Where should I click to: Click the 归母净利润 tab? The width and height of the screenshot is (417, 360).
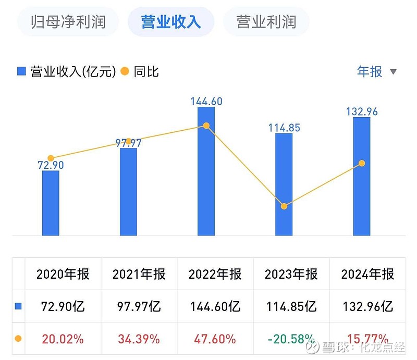(x=68, y=22)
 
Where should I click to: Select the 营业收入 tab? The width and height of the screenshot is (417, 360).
(x=170, y=22)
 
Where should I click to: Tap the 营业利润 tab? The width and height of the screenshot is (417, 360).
(x=266, y=22)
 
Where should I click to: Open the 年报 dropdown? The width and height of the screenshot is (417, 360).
(x=377, y=71)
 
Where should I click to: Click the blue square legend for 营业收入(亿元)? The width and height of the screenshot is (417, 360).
(x=21, y=71)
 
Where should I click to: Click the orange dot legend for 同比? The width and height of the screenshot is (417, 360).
(x=125, y=71)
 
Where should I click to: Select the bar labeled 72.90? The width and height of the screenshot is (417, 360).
(x=51, y=203)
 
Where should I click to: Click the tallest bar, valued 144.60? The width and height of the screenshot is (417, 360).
(x=206, y=172)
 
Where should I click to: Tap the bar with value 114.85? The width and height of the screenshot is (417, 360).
(x=284, y=185)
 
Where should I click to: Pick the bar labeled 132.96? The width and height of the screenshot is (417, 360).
(x=362, y=177)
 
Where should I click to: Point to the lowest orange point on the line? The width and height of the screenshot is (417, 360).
(x=284, y=206)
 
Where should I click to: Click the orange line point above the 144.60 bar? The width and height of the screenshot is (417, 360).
(x=206, y=126)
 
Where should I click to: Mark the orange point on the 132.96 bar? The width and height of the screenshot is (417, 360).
(x=362, y=164)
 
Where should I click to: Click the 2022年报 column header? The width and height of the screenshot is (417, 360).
(x=215, y=274)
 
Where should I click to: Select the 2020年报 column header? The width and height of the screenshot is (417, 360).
(x=63, y=274)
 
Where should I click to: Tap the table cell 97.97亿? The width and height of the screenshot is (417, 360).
(x=139, y=306)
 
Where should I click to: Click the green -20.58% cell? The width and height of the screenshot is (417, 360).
(x=291, y=339)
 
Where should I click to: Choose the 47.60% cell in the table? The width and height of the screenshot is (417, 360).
(x=215, y=339)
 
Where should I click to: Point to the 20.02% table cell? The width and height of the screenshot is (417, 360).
(x=63, y=339)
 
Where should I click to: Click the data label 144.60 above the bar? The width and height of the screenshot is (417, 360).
(x=206, y=101)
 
